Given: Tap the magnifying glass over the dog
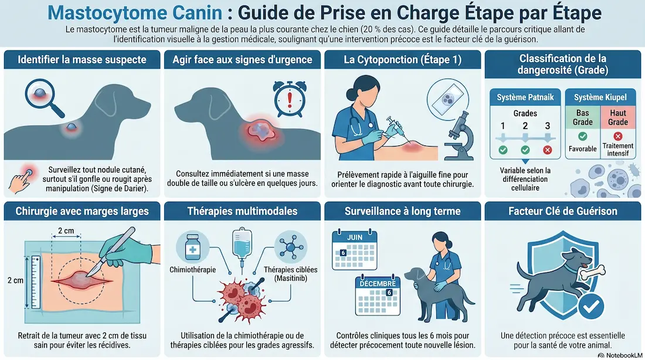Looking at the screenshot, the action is pos(43,97).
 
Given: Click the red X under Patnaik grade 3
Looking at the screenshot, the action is pos(547,150).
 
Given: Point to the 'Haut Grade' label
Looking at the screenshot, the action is pos(618,117).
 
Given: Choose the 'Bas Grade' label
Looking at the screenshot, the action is pos(582,117).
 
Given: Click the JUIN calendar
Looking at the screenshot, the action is pos(354,250).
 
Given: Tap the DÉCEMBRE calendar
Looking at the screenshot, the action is pos(378,296).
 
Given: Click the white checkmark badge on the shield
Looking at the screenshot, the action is pos(591,307).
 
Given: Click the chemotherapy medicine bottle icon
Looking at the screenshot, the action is pos(192,247).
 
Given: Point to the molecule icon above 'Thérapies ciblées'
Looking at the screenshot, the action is pos(291,247).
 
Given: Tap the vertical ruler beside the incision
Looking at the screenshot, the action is pos(36,282).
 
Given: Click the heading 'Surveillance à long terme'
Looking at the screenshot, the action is pos(402,212).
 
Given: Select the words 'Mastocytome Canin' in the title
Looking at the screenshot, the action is pos(135,13).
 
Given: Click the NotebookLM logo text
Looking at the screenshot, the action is pos(624,355).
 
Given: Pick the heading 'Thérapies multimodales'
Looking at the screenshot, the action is pos(242,212).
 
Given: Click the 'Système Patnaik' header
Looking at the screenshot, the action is pos(525,97).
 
